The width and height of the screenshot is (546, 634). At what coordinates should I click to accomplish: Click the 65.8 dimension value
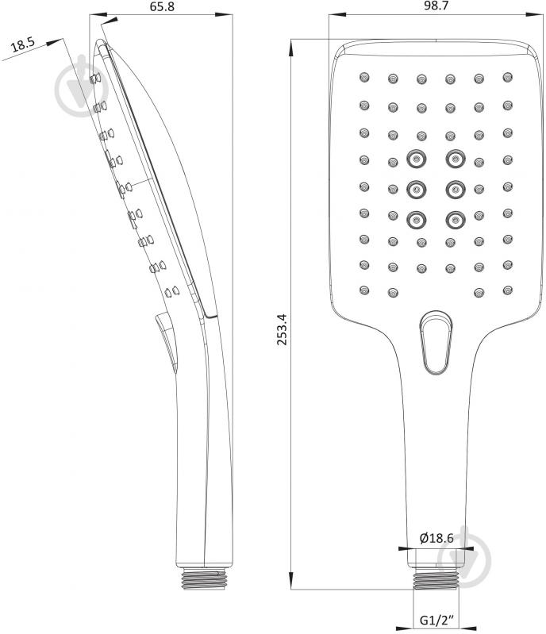tap(162, 6)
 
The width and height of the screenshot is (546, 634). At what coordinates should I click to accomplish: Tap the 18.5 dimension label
tap(23, 44)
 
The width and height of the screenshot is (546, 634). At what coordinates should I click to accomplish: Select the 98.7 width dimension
tap(436, 6)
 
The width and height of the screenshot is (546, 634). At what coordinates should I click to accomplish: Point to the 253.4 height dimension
tap(282, 329)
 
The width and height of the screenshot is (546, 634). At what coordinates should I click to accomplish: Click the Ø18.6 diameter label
tap(436, 538)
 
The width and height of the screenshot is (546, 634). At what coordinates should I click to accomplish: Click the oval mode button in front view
tap(436, 343)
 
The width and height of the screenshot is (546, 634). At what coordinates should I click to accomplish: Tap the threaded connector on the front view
tap(436, 579)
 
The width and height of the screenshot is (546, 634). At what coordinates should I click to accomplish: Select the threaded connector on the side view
tap(203, 578)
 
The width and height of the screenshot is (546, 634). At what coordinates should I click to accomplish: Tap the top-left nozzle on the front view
tap(364, 77)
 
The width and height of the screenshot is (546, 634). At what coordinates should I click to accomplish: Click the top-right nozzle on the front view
tap(508, 77)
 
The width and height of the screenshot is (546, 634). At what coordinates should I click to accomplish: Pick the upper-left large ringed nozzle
tap(416, 159)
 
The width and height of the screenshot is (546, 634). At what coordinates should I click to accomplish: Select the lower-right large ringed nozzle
tap(456, 220)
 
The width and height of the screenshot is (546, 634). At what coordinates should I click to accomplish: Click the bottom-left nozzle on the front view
tap(364, 290)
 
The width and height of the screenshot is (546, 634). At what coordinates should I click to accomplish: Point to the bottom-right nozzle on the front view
tap(508, 290)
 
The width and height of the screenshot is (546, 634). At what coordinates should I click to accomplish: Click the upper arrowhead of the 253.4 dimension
tap(290, 48)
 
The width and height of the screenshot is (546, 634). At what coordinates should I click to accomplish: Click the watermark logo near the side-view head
tap(81, 86)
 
